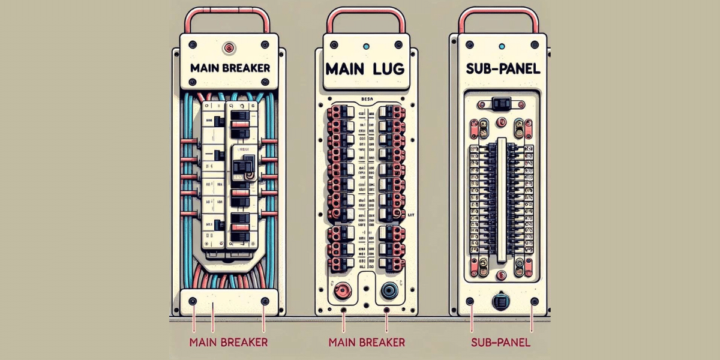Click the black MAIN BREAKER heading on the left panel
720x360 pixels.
point(230,68)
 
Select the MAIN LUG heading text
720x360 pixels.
point(365,67)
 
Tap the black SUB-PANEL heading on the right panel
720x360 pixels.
point(503,68)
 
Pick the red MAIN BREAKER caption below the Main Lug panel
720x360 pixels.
point(367,343)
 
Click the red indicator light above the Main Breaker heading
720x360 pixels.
point(228,46)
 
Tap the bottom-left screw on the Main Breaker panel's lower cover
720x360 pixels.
point(191,300)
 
